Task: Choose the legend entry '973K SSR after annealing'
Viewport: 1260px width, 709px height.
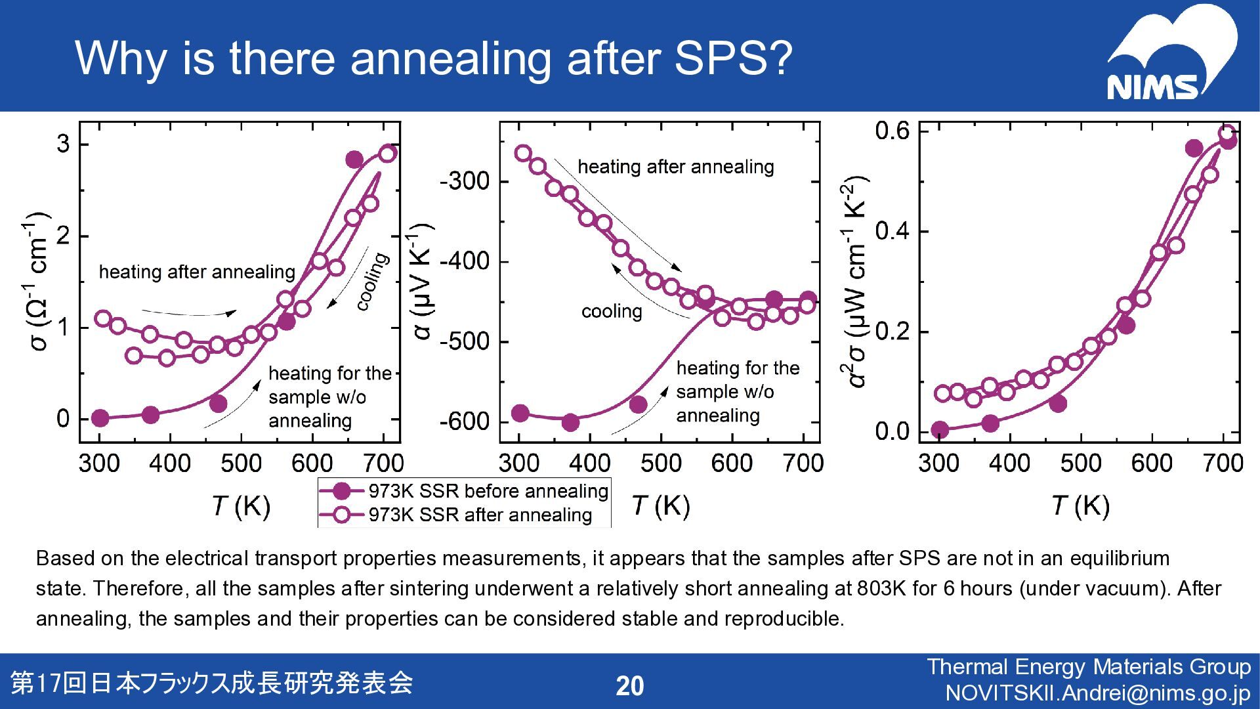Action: (480, 515)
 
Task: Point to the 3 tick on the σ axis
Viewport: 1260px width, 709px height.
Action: (63, 144)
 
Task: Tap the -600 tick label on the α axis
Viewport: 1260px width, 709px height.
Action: (464, 421)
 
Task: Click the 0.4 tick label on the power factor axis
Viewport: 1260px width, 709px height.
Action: (892, 232)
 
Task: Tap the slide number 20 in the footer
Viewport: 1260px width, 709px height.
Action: (630, 686)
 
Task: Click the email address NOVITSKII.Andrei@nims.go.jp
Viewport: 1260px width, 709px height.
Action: (1098, 693)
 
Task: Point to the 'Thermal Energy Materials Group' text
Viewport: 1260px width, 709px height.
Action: (1089, 667)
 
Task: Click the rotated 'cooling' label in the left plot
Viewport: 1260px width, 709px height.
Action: (372, 282)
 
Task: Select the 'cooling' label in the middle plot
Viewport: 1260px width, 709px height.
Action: (612, 311)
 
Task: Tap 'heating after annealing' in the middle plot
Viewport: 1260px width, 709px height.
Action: (675, 167)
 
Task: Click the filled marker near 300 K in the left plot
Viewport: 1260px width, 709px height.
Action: (100, 418)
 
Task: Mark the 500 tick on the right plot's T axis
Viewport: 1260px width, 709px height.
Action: (1081, 463)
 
